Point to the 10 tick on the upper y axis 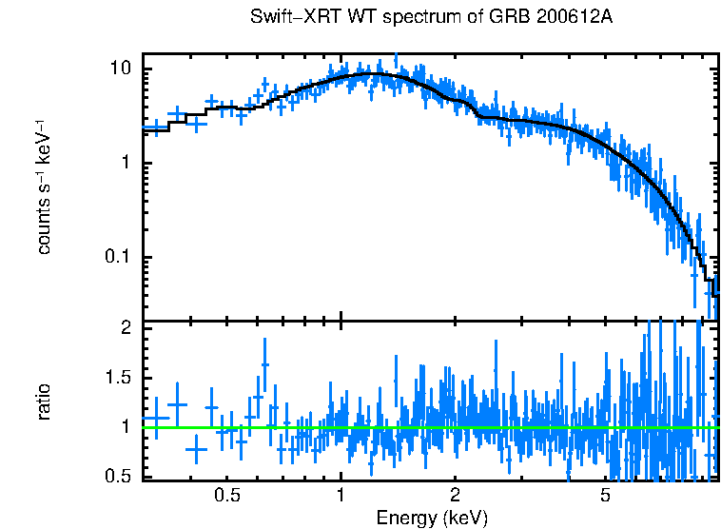(121, 69)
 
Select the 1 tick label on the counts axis (126, 164)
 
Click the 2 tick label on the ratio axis (126, 328)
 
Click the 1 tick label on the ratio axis (126, 427)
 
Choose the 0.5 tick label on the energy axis (226, 496)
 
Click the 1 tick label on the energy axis (341, 496)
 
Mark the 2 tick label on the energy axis (455, 496)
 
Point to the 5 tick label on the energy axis (605, 496)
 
